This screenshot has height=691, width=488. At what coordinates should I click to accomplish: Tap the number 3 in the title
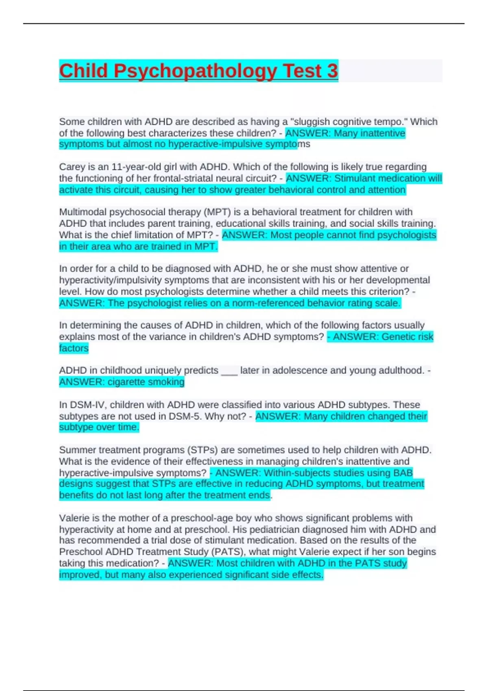[x=332, y=71]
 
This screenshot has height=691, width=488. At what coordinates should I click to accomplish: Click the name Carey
[x=71, y=167]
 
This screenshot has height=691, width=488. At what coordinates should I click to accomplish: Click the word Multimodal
[x=83, y=212]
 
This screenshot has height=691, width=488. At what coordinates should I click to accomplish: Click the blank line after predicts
[x=229, y=371]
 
